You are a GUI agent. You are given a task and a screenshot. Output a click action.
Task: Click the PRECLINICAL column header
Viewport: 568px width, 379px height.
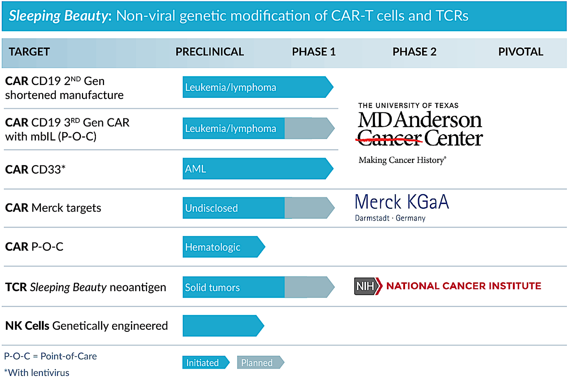(x=209, y=52)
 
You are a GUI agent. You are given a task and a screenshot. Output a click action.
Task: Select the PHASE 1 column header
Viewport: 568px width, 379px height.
(x=313, y=52)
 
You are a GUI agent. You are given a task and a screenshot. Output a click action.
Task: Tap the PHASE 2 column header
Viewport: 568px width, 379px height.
(x=414, y=52)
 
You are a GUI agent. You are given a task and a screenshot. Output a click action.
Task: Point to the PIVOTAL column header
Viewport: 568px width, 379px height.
(x=520, y=52)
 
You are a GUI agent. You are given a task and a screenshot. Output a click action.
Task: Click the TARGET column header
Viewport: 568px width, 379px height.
(x=29, y=52)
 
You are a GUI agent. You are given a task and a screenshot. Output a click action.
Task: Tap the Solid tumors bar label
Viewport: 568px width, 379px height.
(x=212, y=288)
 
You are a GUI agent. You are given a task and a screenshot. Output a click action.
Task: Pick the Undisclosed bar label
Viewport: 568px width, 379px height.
(x=211, y=208)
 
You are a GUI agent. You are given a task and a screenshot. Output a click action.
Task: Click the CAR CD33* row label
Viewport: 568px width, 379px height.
(x=35, y=169)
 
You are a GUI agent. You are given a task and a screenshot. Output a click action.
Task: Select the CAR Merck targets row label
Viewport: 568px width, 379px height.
(x=53, y=208)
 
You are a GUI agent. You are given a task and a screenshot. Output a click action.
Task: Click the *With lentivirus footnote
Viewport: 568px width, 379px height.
(x=37, y=373)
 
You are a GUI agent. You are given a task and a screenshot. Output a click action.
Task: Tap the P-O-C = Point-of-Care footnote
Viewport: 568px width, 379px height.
(x=50, y=356)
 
